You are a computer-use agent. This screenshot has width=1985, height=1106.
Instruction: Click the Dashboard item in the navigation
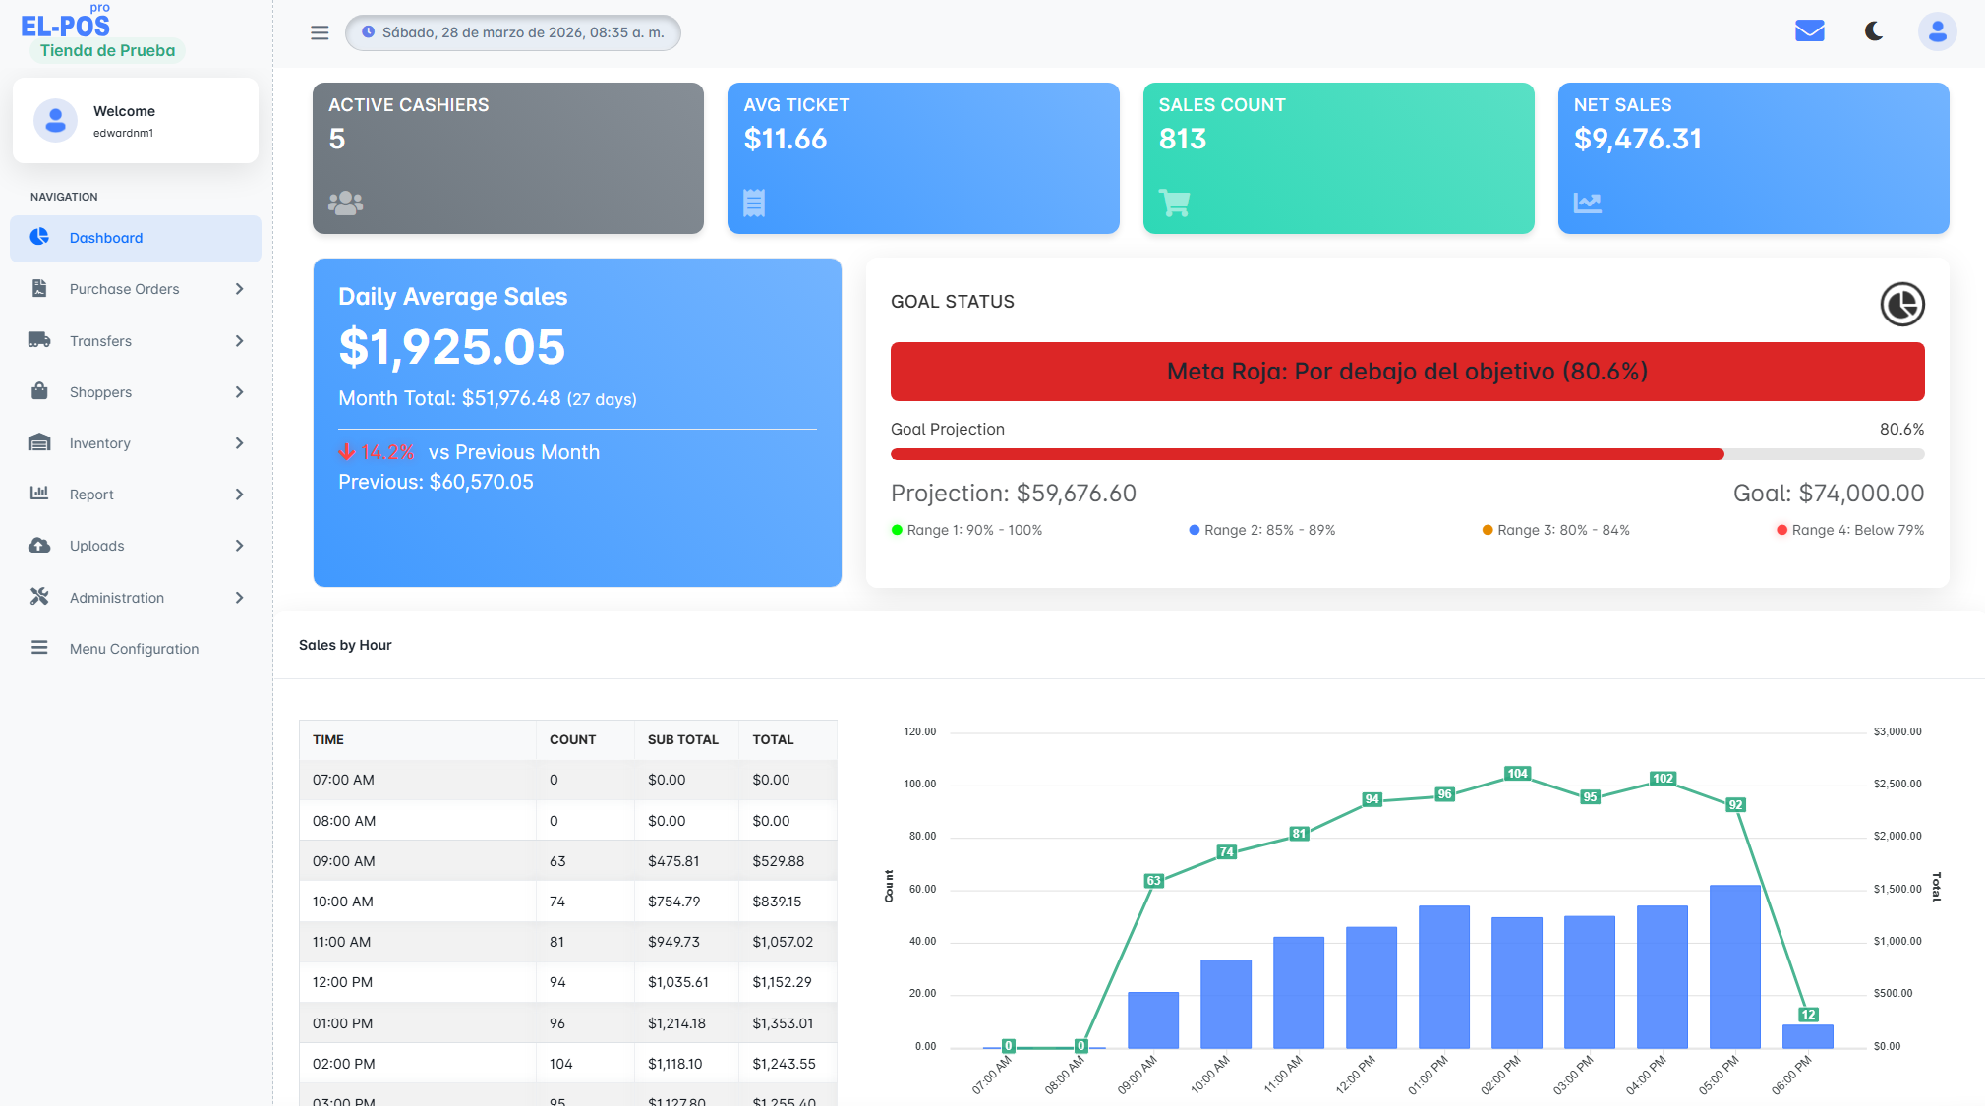point(106,238)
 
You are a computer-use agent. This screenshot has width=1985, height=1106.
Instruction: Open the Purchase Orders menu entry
point(124,289)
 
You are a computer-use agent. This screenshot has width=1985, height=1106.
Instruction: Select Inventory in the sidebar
point(99,443)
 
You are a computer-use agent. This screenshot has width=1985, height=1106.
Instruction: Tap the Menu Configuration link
point(134,649)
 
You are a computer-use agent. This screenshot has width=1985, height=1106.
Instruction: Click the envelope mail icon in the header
point(1809,31)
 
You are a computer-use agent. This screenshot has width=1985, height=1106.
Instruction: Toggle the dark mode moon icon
point(1874,31)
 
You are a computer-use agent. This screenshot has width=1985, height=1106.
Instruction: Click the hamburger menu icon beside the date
point(320,32)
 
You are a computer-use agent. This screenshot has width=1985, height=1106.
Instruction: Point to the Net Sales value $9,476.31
point(1637,139)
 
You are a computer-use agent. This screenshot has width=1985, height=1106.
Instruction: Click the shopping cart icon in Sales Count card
point(1174,203)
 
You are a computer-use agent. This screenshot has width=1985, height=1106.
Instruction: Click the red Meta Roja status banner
point(1407,372)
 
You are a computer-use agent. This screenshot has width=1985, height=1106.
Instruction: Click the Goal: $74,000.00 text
point(1828,493)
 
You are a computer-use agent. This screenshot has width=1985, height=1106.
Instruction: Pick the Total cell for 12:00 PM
point(783,982)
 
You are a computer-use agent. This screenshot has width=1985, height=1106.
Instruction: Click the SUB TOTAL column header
point(682,739)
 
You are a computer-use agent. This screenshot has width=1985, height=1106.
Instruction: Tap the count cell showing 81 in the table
point(557,942)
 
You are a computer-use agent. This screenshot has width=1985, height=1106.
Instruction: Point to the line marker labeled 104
point(1517,774)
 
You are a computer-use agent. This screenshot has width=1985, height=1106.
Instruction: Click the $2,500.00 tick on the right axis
point(1897,784)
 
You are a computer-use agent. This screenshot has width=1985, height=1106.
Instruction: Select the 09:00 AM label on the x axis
point(1138,1075)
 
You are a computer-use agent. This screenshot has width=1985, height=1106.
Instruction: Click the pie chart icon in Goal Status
point(1901,304)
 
